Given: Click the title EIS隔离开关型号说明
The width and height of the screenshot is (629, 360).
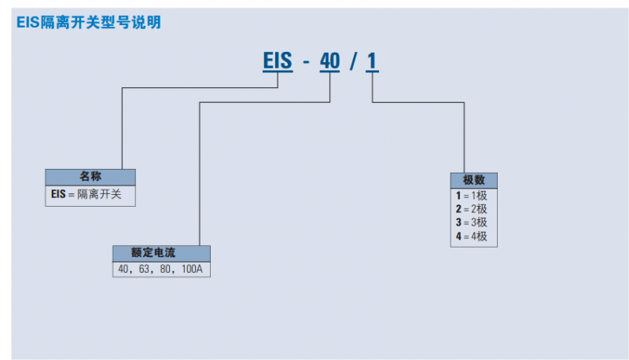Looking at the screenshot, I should [x=88, y=23].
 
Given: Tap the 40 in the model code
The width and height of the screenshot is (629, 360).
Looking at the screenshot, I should [x=330, y=61].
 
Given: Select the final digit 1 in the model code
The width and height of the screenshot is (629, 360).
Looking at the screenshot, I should [x=373, y=61].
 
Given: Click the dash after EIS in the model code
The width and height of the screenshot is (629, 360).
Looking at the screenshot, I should [x=305, y=61].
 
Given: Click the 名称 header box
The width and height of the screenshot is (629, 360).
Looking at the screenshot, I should [x=90, y=177].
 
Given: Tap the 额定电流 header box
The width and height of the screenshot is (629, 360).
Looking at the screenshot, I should [x=161, y=253].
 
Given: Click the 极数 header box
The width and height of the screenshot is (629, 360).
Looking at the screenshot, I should [x=474, y=180].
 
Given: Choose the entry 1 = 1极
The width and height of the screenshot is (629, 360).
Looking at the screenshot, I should [x=471, y=195].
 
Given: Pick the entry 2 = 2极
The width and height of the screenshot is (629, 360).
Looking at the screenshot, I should [x=471, y=208].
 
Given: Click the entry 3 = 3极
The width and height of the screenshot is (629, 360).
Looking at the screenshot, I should [x=471, y=222].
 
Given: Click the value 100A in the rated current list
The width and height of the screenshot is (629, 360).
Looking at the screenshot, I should [x=193, y=269].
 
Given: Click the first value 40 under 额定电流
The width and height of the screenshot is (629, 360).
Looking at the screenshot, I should [x=124, y=269].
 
